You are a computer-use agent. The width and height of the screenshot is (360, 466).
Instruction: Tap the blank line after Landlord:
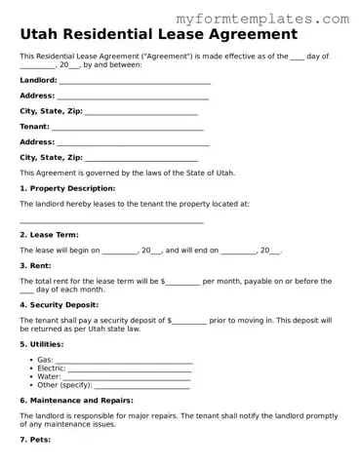coord(135,81)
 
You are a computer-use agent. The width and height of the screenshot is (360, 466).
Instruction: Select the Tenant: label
coord(34,127)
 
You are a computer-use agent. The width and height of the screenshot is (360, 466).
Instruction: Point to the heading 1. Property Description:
coord(67,188)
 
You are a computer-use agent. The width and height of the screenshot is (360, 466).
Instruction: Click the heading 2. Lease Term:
coord(49,235)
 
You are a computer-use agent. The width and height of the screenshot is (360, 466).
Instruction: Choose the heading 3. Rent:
coord(35,265)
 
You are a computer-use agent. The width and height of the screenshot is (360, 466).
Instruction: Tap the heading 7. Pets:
coord(37,440)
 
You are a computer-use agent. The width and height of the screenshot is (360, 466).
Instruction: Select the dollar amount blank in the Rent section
coord(183,282)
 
